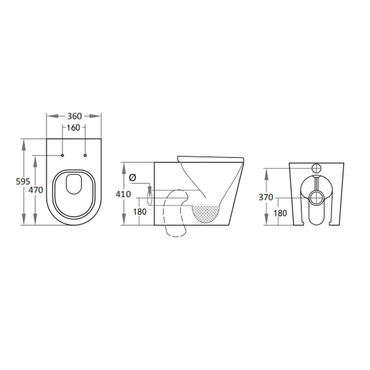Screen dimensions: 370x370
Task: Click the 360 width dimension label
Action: pos(74,116)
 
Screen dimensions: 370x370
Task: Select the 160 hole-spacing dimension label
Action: pos(73,128)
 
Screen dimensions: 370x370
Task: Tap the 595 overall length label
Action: pos(23,182)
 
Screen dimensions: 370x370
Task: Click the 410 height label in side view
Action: pos(123,194)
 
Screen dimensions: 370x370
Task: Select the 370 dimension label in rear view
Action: pos(266,197)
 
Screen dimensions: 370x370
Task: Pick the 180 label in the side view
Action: pos(139,212)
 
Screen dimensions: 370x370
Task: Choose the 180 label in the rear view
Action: pos(280,213)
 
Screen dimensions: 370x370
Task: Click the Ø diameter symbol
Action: pos(133,177)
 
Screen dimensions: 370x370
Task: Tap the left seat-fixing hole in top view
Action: pos(62,156)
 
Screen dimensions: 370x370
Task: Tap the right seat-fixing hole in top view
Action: pos(85,156)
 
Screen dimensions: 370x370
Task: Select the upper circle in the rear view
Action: pos(317,168)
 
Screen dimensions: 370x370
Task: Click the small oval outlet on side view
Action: pos(149,198)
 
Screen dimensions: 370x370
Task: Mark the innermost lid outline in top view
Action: pos(74,184)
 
